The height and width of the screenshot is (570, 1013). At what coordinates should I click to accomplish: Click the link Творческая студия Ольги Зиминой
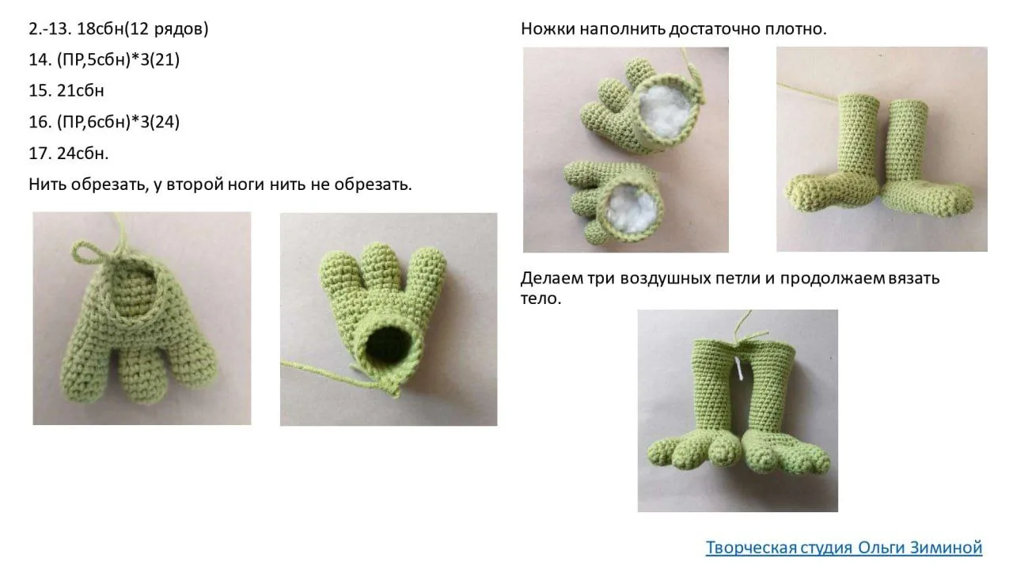coord(844,547)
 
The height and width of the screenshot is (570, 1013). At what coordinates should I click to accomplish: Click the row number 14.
coord(40,59)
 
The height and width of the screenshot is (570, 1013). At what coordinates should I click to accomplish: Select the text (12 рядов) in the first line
coord(166,29)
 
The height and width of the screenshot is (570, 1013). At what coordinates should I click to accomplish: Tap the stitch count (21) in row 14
coord(165,59)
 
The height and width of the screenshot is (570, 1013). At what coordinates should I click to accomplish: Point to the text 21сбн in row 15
coord(81,90)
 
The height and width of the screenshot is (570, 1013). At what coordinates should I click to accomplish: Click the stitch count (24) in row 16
coord(165,122)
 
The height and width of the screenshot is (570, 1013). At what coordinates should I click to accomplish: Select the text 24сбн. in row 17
coord(83,154)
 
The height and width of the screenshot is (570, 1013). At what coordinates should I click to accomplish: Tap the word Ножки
coord(548,29)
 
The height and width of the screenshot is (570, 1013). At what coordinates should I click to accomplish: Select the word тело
coord(541,298)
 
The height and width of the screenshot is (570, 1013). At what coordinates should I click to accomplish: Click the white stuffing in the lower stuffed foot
coord(632,208)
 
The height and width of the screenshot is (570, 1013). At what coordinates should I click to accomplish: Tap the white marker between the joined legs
coord(740,369)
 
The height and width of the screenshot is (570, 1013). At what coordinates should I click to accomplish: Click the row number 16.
coord(40,122)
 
